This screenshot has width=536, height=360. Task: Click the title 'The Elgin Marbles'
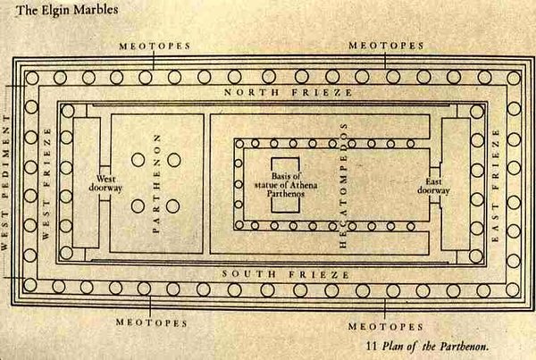(x=67, y=10)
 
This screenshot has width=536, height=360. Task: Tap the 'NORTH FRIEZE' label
(x=289, y=92)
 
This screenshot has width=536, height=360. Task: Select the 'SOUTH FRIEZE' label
(x=286, y=274)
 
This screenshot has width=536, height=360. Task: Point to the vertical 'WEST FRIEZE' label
(x=46, y=184)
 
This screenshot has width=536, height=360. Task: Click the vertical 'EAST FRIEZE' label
(x=495, y=186)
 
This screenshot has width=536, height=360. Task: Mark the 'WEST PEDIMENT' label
(x=4, y=183)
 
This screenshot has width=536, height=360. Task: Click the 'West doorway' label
(x=105, y=183)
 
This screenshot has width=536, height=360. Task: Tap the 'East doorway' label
(x=433, y=186)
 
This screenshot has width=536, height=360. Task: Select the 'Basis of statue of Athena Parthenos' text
(x=286, y=185)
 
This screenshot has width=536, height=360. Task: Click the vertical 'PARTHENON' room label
(x=156, y=184)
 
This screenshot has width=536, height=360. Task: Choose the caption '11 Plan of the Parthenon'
(x=427, y=346)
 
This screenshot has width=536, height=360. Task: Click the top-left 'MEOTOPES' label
(x=155, y=46)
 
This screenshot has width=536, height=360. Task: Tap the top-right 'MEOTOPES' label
(x=386, y=46)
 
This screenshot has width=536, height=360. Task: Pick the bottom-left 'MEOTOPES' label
(x=152, y=322)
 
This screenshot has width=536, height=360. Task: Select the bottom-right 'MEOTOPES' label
(x=386, y=327)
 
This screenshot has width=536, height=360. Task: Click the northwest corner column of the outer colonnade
(x=32, y=78)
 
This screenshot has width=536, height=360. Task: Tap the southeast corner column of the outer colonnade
(x=513, y=290)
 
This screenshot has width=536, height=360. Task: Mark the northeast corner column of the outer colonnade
(x=514, y=78)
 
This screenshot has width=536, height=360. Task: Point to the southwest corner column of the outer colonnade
(x=30, y=285)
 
